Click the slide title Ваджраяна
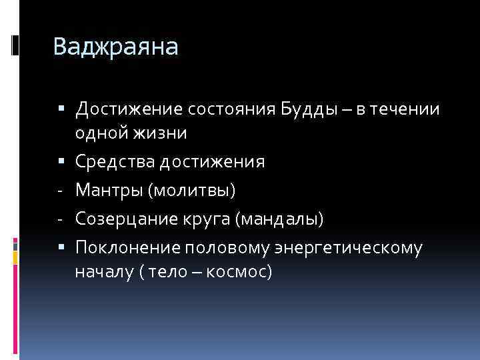coord(115,47)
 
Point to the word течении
coord(407,108)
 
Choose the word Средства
coord(110,162)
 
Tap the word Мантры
coord(108,191)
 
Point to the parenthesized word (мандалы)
coord(285,219)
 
